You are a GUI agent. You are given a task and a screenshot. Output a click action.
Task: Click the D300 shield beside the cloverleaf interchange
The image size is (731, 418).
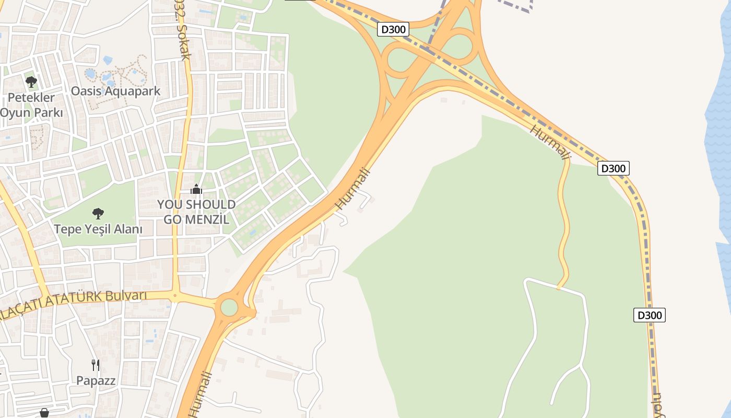(x=393, y=29)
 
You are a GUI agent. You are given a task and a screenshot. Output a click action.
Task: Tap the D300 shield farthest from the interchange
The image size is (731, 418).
(x=650, y=315)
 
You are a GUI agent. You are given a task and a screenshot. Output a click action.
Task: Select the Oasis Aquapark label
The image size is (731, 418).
(x=115, y=91)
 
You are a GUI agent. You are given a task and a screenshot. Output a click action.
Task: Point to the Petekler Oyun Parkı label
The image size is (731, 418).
(x=31, y=105)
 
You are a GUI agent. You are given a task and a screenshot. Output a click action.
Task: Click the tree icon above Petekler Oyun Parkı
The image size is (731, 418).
(x=31, y=82)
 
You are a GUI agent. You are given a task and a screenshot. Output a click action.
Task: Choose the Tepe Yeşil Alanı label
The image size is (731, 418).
(x=98, y=229)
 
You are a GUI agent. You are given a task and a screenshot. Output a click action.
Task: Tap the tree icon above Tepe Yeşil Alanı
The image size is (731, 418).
(x=98, y=213)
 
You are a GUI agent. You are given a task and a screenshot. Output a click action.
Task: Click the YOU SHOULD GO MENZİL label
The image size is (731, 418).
(x=196, y=212)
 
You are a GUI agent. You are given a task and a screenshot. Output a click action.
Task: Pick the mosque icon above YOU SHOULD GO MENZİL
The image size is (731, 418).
(x=196, y=189)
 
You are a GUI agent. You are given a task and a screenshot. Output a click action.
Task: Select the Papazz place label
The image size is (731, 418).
(x=96, y=380)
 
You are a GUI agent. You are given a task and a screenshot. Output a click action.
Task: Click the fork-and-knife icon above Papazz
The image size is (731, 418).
(x=95, y=365)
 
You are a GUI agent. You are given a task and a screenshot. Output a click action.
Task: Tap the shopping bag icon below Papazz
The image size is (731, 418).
(x=44, y=413)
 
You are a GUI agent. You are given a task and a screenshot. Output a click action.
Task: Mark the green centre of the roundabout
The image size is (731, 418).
(x=229, y=307)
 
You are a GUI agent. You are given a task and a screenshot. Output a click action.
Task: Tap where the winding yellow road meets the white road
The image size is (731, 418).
(x=558, y=288)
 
